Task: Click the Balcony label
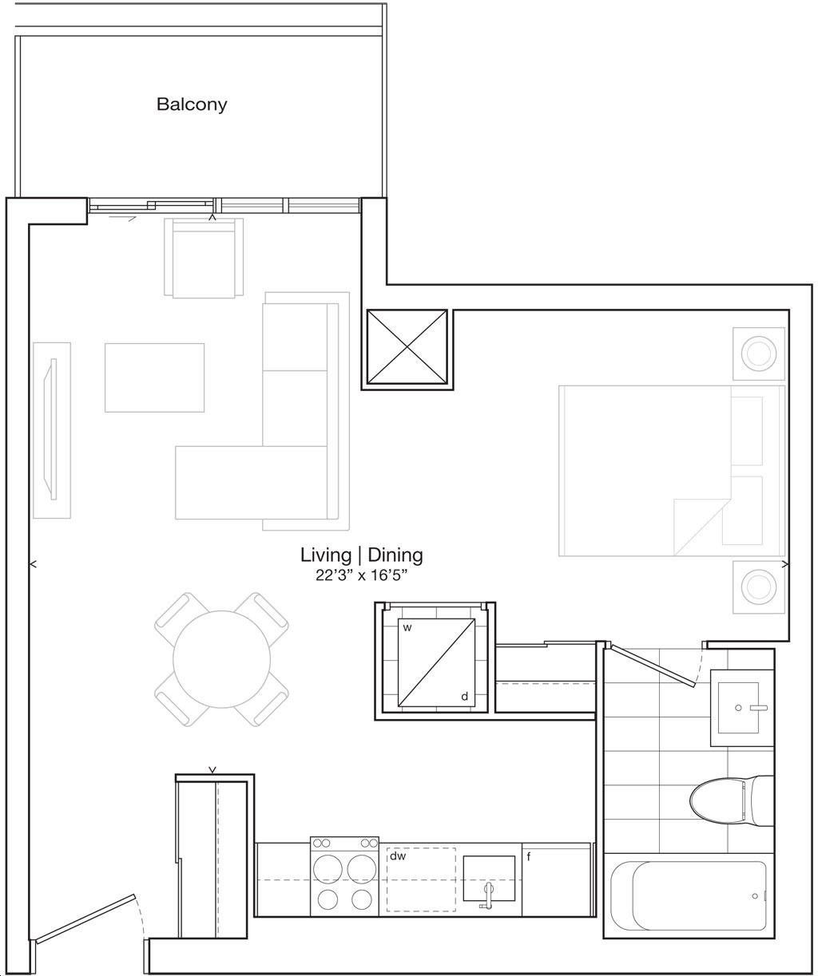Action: pyautogui.click(x=192, y=105)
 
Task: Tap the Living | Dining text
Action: pyautogui.click(x=361, y=555)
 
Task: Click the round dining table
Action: pyautogui.click(x=222, y=659)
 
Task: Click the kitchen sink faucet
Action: pyautogui.click(x=487, y=894)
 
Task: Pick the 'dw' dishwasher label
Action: pyautogui.click(x=398, y=855)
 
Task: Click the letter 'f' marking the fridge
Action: pyautogui.click(x=528, y=857)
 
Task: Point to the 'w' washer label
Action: pyautogui.click(x=407, y=628)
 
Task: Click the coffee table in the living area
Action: pyautogui.click(x=154, y=377)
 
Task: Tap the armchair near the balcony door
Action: pyautogui.click(x=204, y=258)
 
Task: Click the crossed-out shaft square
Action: pyautogui.click(x=407, y=347)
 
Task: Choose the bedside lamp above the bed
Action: pyautogui.click(x=759, y=354)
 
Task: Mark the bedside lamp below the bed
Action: pyautogui.click(x=759, y=587)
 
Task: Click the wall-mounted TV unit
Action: pyautogui.click(x=52, y=430)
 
